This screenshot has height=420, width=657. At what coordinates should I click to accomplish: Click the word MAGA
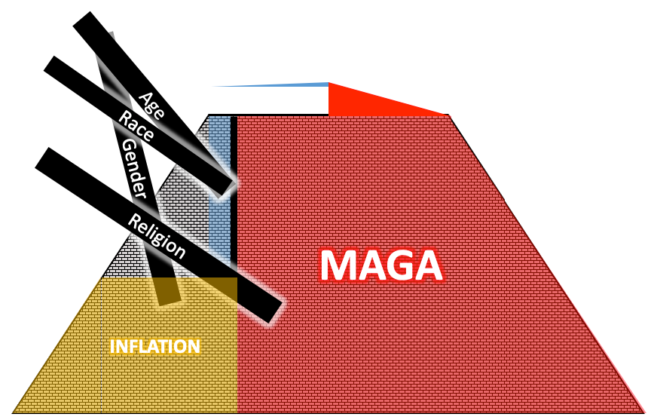pyautogui.click(x=380, y=265)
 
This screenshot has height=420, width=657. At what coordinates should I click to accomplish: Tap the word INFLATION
pyautogui.click(x=155, y=347)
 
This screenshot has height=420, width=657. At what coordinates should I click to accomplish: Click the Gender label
pyautogui.click(x=133, y=169)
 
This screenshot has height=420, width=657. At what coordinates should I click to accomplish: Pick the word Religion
pyautogui.click(x=157, y=235)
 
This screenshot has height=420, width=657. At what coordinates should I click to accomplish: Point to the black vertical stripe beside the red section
pyautogui.click(x=234, y=189)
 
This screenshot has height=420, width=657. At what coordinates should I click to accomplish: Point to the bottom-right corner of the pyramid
pyautogui.click(x=645, y=412)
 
